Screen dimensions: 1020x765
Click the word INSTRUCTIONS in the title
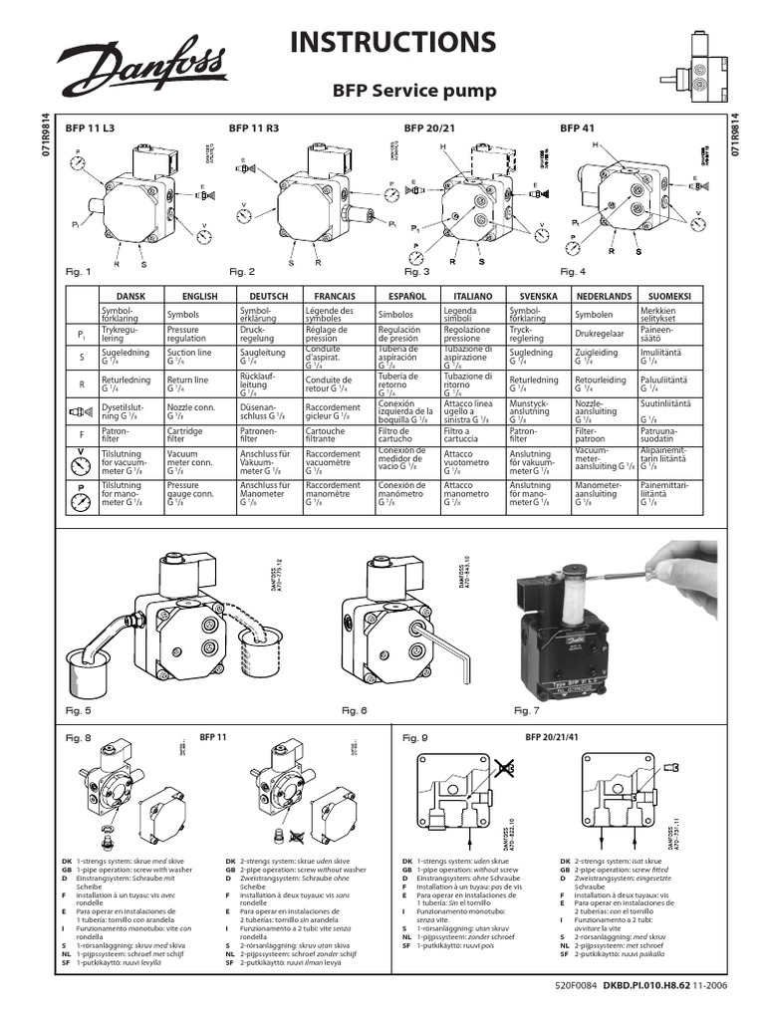(x=391, y=42)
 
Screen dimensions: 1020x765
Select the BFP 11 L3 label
(x=90, y=128)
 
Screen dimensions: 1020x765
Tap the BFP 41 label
(x=576, y=128)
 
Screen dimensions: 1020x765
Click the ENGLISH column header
(x=199, y=297)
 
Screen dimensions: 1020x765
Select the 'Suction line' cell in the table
(x=190, y=357)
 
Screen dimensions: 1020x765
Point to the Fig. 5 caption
(x=78, y=710)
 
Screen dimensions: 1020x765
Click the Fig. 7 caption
(x=526, y=710)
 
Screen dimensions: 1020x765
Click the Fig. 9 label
(x=414, y=738)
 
